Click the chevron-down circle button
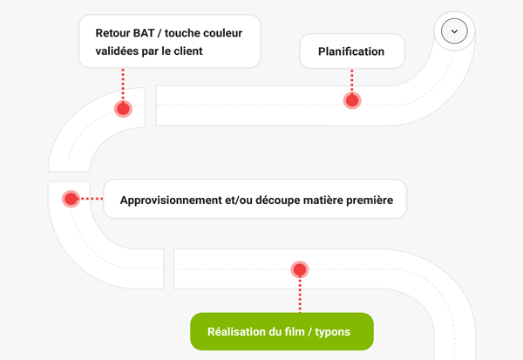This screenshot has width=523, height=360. [x=454, y=31]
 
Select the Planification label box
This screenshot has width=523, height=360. [x=352, y=51]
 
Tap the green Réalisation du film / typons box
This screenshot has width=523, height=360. [x=282, y=331]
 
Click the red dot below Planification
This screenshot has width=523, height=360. [x=352, y=100]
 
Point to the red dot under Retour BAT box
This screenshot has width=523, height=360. [x=123, y=109]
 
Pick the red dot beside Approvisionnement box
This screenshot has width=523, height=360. [x=71, y=199]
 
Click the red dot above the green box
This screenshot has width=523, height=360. [x=300, y=269]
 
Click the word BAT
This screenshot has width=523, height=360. [x=144, y=33]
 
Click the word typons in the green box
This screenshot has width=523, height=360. [x=333, y=332]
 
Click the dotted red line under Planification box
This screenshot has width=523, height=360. [x=352, y=80]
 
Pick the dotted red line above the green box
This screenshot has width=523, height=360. [x=300, y=295]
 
